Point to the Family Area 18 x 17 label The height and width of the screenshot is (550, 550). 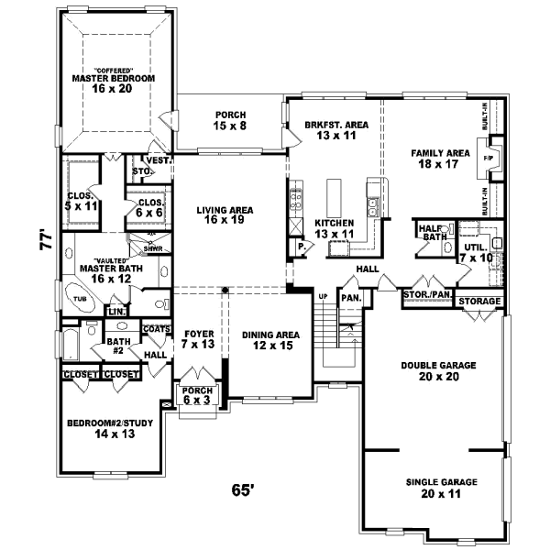(x=440, y=158)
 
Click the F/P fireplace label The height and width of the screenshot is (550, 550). (x=487, y=157)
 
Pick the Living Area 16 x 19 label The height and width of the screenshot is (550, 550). (x=225, y=215)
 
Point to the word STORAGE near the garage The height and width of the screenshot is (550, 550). (x=478, y=301)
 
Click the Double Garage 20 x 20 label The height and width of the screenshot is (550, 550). (x=439, y=371)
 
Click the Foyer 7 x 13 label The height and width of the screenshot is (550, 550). (x=199, y=340)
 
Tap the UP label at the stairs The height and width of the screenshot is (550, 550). (x=323, y=297)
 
